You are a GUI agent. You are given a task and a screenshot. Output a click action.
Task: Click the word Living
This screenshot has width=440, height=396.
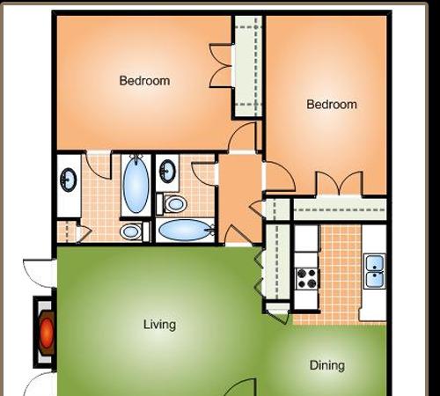(x=159, y=325)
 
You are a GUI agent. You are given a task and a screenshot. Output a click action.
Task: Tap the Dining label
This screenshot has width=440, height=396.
(x=327, y=365)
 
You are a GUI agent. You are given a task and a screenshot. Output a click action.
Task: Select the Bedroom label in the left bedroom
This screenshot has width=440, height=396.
(x=144, y=81)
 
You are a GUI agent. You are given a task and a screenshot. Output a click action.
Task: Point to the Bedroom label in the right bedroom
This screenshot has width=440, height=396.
(x=332, y=105)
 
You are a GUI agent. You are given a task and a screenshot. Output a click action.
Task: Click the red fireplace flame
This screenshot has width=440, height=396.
(x=47, y=333)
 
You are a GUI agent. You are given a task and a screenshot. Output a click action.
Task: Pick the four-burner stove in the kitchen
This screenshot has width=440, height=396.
(x=306, y=278)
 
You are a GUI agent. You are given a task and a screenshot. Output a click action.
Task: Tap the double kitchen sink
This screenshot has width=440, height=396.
(x=375, y=271)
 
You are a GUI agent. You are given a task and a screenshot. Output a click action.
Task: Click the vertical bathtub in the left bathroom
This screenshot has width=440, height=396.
(x=136, y=185)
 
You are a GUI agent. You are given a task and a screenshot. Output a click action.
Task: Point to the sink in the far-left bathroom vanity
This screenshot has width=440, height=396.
(x=69, y=180)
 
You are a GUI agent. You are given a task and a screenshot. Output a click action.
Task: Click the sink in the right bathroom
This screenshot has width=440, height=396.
(x=167, y=172)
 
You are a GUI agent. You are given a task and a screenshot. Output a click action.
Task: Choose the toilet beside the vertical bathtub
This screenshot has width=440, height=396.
(x=131, y=231)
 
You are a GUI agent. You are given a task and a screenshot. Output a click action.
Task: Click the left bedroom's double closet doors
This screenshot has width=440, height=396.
(x=221, y=66)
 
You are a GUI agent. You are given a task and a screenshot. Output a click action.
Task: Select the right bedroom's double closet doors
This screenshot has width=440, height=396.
(x=340, y=183)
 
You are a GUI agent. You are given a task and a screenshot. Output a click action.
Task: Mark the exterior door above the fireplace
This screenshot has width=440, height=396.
(x=40, y=274)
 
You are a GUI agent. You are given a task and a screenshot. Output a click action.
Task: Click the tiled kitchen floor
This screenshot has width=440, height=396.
(x=341, y=275)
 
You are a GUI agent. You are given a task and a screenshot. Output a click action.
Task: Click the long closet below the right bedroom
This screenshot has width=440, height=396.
(x=340, y=210)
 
